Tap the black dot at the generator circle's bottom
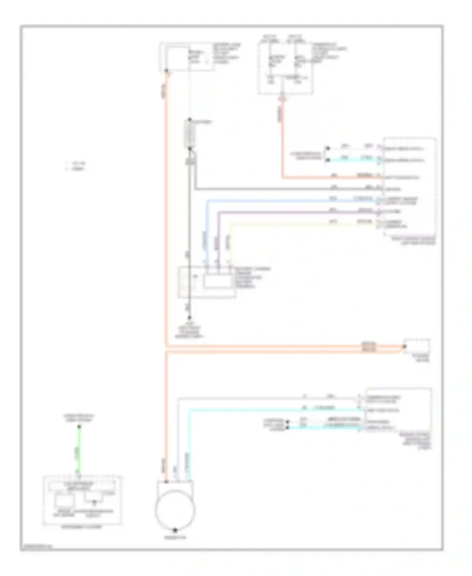(x=175, y=530)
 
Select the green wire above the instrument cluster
(x=79, y=451)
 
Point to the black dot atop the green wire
(x=79, y=427)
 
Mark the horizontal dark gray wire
(x=283, y=189)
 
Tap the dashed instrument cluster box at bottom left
(x=82, y=501)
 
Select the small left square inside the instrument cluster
(x=64, y=501)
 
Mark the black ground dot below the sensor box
(x=189, y=318)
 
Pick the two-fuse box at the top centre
(x=285, y=68)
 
